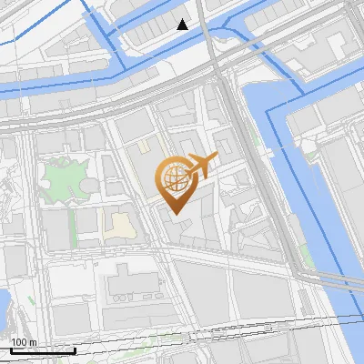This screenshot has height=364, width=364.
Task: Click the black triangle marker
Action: coord(183,25)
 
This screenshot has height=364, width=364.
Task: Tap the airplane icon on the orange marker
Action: coord(201,165)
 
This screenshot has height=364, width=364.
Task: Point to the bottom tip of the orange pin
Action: coord(174,214)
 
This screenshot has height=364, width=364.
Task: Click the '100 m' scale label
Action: coord(23,341)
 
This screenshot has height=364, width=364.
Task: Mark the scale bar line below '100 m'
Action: coord(42,349)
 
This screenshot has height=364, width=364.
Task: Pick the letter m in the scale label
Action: coord(33,341)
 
